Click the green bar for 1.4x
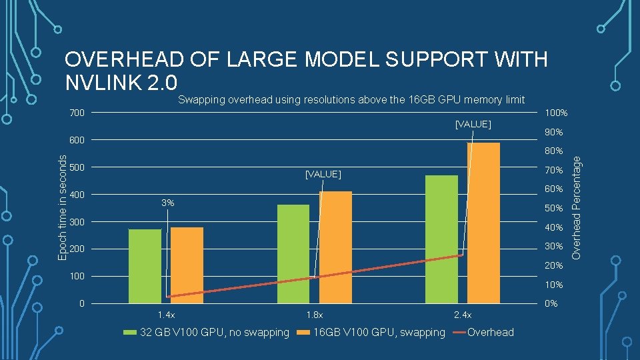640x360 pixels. click(x=145, y=267)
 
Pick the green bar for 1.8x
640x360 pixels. click(x=293, y=254)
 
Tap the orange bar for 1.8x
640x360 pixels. click(x=335, y=247)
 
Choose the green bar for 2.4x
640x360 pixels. click(x=441, y=239)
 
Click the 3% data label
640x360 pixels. click(x=168, y=203)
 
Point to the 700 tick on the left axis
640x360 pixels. click(x=77, y=113)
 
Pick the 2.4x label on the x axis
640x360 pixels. click(x=461, y=315)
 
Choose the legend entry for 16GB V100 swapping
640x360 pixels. click(x=371, y=332)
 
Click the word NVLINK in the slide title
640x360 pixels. click(x=111, y=83)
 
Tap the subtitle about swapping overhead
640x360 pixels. click(x=351, y=100)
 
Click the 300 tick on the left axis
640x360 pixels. click(x=77, y=222)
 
